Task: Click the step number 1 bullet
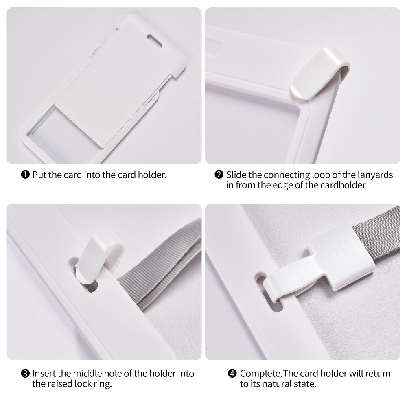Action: pos(25,175)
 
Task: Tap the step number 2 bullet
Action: pos(219,175)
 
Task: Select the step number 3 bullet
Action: pos(25,374)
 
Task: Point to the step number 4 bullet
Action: pos(232,374)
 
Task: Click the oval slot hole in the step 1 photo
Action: pos(155,40)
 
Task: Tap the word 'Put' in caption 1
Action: pos(39,175)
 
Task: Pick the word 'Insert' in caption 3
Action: pos(44,374)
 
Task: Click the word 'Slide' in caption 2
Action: pos(236,175)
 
